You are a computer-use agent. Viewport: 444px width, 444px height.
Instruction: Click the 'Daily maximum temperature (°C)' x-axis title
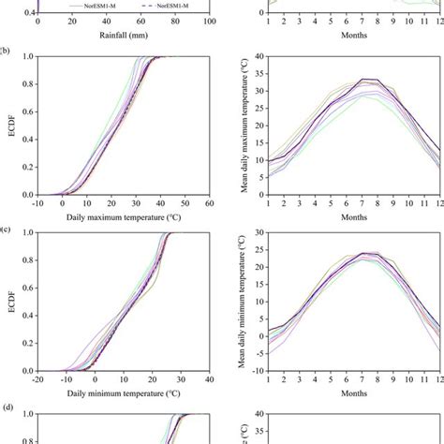point(123,217)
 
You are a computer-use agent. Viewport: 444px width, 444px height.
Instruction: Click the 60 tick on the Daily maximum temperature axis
point(210,203)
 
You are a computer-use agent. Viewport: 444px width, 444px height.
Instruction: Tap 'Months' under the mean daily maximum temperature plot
point(354,217)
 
